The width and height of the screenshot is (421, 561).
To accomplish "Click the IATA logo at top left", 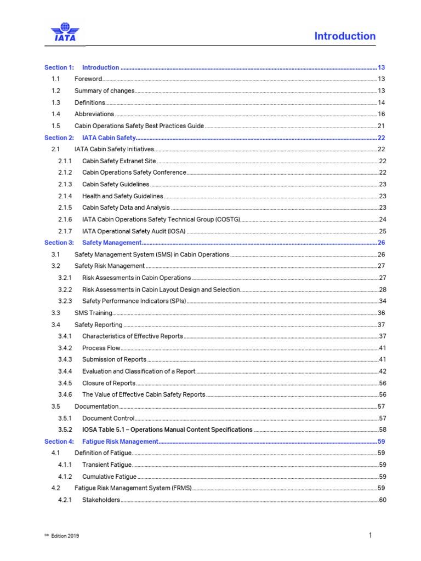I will point(65,32).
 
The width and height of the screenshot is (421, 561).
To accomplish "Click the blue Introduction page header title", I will point(345,36).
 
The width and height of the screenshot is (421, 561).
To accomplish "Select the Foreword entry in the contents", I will point(88,79).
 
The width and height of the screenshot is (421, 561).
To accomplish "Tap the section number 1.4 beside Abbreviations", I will point(56,115).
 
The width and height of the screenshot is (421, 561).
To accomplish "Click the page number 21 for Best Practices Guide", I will point(381,126).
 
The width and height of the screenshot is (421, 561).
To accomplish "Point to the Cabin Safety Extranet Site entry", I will point(119,161).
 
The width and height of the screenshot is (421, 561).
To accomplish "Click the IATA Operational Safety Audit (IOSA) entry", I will point(134,231).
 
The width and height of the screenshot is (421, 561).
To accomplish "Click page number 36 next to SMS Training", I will point(381,313).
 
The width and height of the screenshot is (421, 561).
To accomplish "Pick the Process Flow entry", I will point(101,348).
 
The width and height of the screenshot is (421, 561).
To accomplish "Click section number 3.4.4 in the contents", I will point(65,371).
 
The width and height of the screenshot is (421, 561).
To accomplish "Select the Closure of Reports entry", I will point(109,383).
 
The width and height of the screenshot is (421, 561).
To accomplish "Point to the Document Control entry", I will point(108,419).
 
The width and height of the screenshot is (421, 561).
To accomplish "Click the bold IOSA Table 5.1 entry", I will point(167,430).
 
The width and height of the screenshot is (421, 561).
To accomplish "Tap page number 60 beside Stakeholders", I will point(382,500).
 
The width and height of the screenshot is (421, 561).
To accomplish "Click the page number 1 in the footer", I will point(371,535).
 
